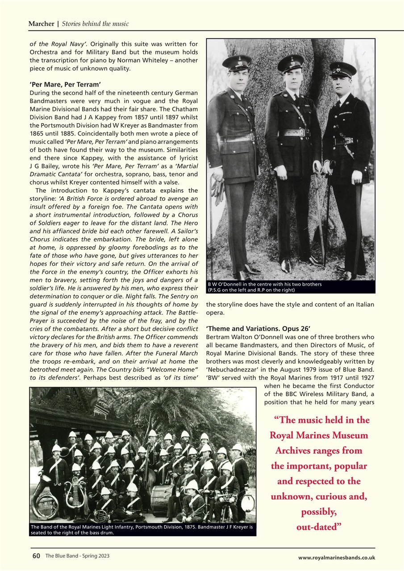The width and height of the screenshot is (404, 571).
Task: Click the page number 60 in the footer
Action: [36, 556]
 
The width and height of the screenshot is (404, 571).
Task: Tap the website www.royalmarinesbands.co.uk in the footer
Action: [337, 557]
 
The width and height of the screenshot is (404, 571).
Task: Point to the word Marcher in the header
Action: [41, 24]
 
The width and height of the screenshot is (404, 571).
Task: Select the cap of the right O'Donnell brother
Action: [343, 69]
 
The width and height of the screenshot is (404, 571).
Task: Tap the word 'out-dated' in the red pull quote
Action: [319, 527]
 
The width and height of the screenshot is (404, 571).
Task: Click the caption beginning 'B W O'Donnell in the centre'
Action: [264, 287]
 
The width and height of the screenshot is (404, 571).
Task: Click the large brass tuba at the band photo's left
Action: [43, 500]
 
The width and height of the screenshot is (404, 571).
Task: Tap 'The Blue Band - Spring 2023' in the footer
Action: [77, 556]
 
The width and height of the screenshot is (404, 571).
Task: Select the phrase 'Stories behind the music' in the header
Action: [95, 24]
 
